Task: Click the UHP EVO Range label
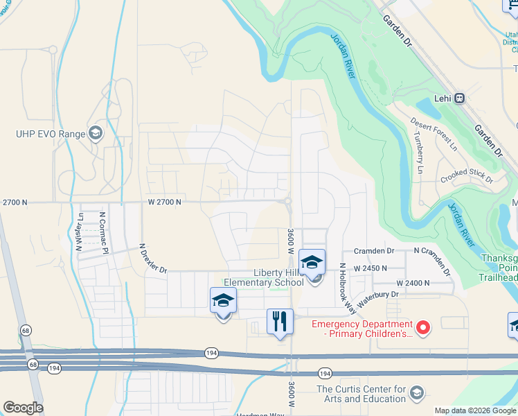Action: click(51, 134)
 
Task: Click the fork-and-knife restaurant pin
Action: click(280, 322)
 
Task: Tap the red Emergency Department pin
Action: click(422, 326)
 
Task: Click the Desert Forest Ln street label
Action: click(434, 134)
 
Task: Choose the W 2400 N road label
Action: click(413, 283)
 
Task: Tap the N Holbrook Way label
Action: click(342, 281)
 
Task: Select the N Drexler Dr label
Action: click(153, 257)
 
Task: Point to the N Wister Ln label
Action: click(80, 231)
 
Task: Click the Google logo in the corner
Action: click(23, 408)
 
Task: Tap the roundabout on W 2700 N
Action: click(287, 202)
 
